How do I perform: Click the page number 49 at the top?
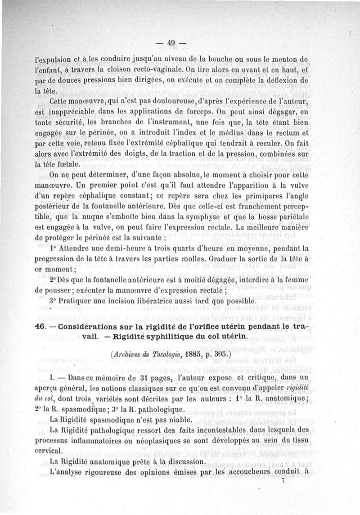tap(171, 43)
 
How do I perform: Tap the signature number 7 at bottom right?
tap(283, 481)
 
